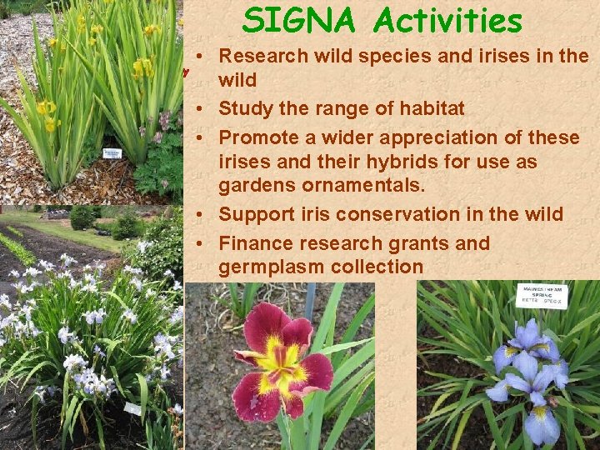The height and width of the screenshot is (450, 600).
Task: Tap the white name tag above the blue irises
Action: click(x=542, y=295)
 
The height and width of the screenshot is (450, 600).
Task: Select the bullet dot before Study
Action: click(x=203, y=109)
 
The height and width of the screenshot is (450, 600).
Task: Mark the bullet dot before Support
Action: click(x=203, y=215)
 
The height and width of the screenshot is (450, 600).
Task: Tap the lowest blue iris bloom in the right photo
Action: click(x=542, y=422)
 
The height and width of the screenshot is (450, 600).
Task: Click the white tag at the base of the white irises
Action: click(x=132, y=408)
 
